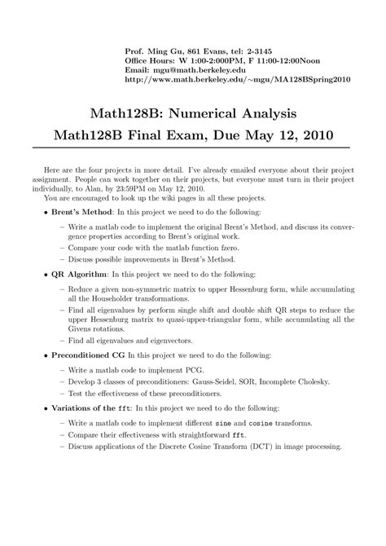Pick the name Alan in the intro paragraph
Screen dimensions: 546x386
71,186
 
